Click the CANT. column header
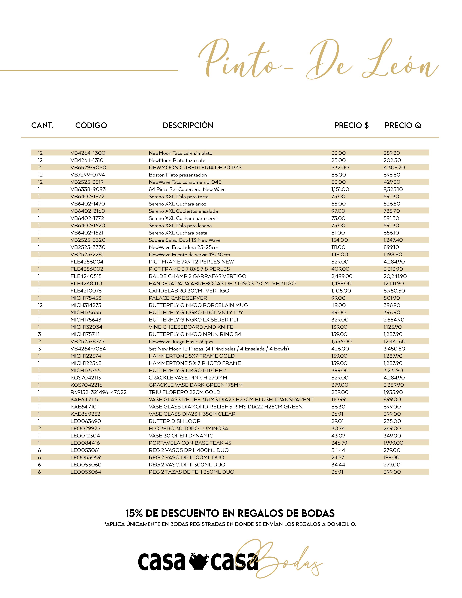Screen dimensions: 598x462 [x=42, y=125]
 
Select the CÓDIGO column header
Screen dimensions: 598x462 [x=91, y=125]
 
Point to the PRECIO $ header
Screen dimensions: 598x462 [x=351, y=125]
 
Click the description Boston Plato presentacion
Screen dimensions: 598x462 [x=178, y=175]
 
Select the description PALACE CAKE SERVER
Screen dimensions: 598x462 [x=178, y=298]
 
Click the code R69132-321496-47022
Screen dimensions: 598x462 [x=99, y=392]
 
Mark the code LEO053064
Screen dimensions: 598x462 [x=86, y=472]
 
